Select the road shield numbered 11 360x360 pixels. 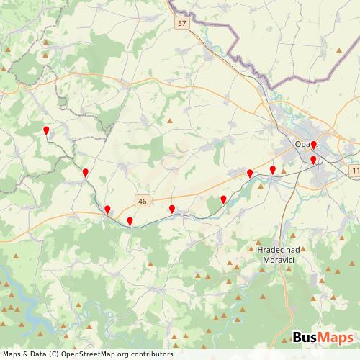tap(355, 170)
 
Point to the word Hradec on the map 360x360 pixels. tap(270, 249)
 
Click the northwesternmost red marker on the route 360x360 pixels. tap(46, 131)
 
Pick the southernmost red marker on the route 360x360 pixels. tap(130, 221)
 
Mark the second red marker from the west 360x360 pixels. tap(85, 173)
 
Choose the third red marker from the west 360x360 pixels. tap(107, 210)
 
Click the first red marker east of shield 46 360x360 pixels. tap(172, 210)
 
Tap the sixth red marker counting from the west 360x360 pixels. tap(223, 199)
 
